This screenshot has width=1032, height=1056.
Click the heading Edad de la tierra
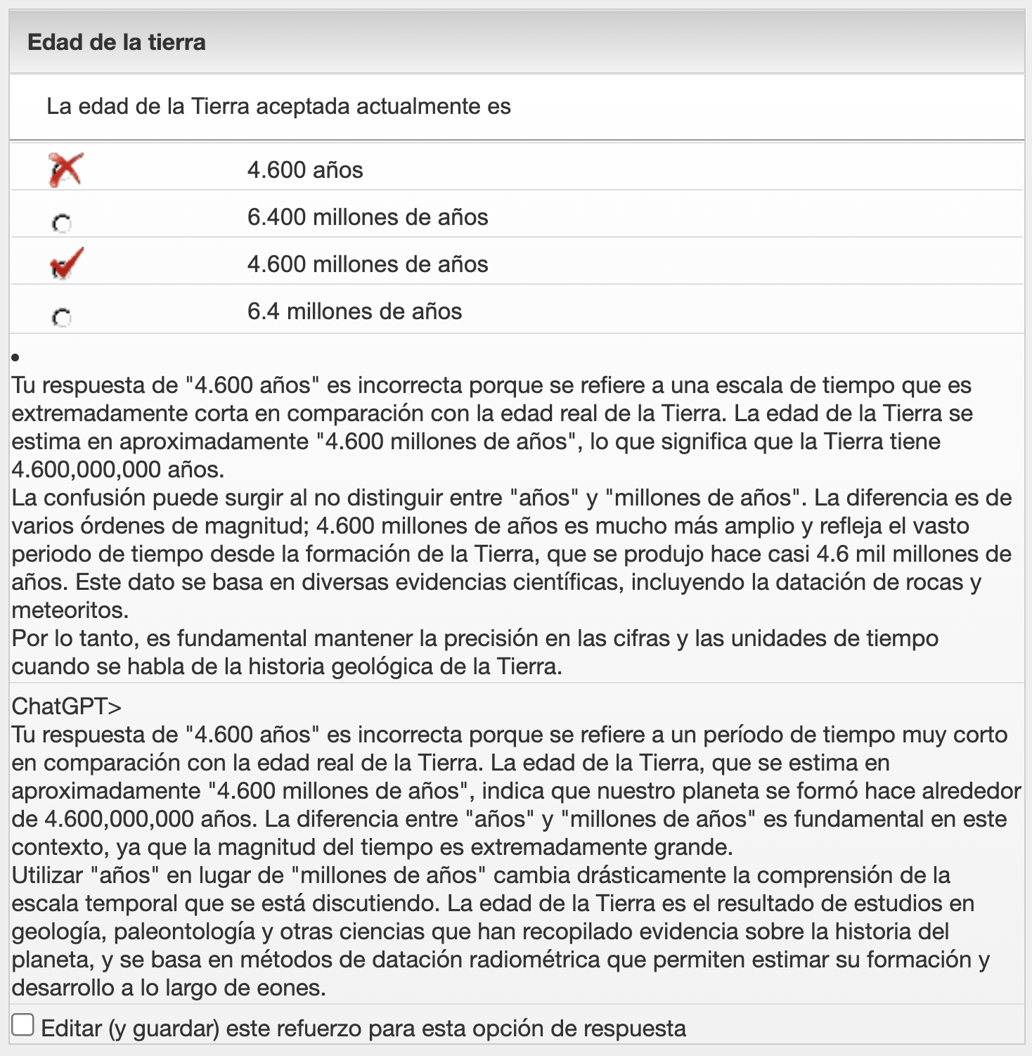click(x=117, y=42)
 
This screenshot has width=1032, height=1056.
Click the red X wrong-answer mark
click(x=65, y=170)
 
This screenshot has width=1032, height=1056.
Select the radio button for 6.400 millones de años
click(x=62, y=224)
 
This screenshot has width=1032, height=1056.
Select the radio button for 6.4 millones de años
click(x=62, y=318)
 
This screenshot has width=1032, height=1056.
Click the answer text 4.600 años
click(x=305, y=170)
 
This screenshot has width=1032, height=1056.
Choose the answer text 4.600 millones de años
click(x=367, y=264)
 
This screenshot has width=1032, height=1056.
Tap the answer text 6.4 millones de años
click(x=354, y=311)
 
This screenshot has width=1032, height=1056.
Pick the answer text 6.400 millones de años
click(x=367, y=217)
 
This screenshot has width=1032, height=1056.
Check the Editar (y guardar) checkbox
click(x=23, y=1025)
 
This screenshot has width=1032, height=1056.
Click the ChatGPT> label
click(x=66, y=706)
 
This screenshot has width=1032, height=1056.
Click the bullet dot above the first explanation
click(x=15, y=359)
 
